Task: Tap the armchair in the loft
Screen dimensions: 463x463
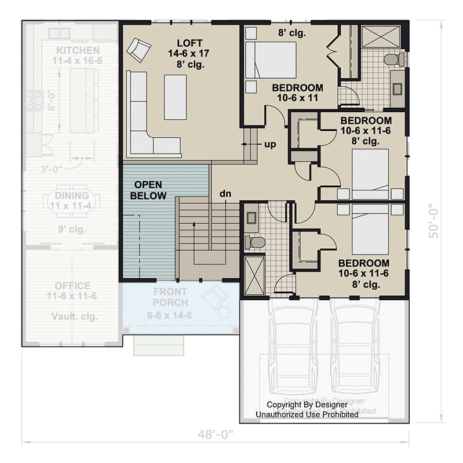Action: (139, 49)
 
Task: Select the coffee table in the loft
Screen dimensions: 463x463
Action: (176, 97)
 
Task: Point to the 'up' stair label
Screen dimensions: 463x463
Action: (270, 144)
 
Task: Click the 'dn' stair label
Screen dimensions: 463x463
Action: (225, 193)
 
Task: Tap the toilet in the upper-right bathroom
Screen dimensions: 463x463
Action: (394, 58)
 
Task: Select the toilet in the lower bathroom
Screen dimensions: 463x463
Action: (256, 242)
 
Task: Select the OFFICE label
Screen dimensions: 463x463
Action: (72, 285)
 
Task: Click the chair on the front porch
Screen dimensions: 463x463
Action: (214, 300)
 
